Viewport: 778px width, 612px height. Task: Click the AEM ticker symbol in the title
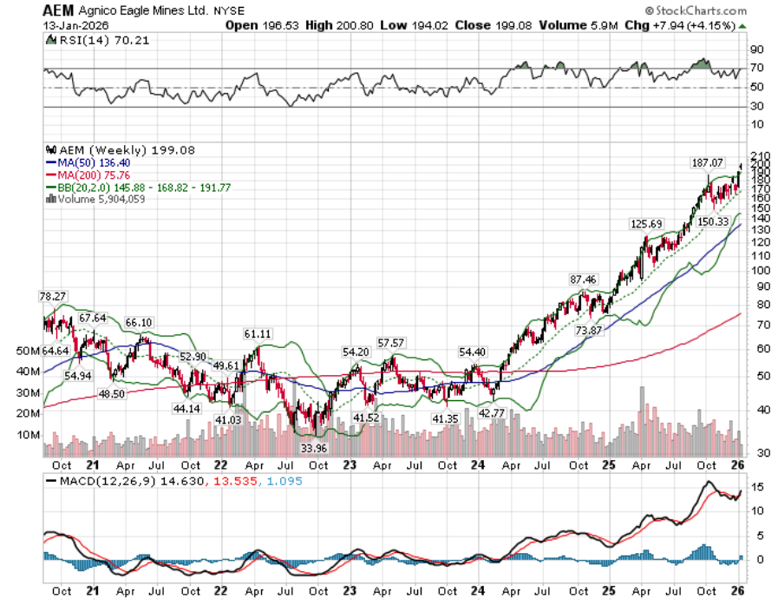[x=56, y=11]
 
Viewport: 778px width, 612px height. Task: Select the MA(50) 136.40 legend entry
[x=88, y=161]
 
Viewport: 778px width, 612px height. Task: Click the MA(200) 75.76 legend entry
[x=88, y=174]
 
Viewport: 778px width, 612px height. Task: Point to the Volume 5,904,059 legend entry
[x=101, y=199]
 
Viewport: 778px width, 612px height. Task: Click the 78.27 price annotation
[x=53, y=296]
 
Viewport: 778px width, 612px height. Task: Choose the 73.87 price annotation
[x=588, y=331]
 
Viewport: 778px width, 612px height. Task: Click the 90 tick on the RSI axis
[x=756, y=49]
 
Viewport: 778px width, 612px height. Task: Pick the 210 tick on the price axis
[x=759, y=155]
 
